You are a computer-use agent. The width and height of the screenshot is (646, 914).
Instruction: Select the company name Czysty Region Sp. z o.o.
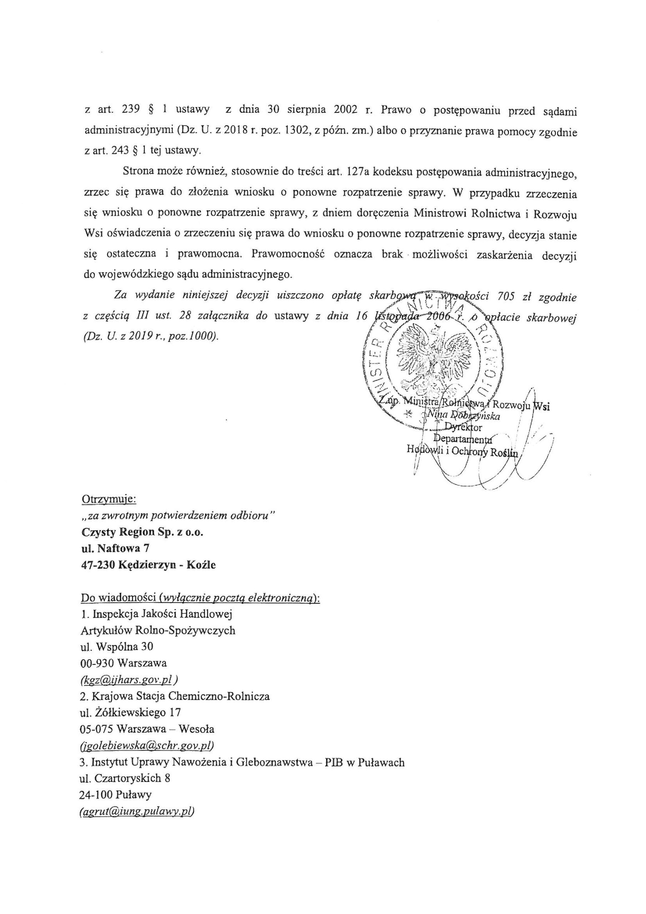[x=142, y=532]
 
